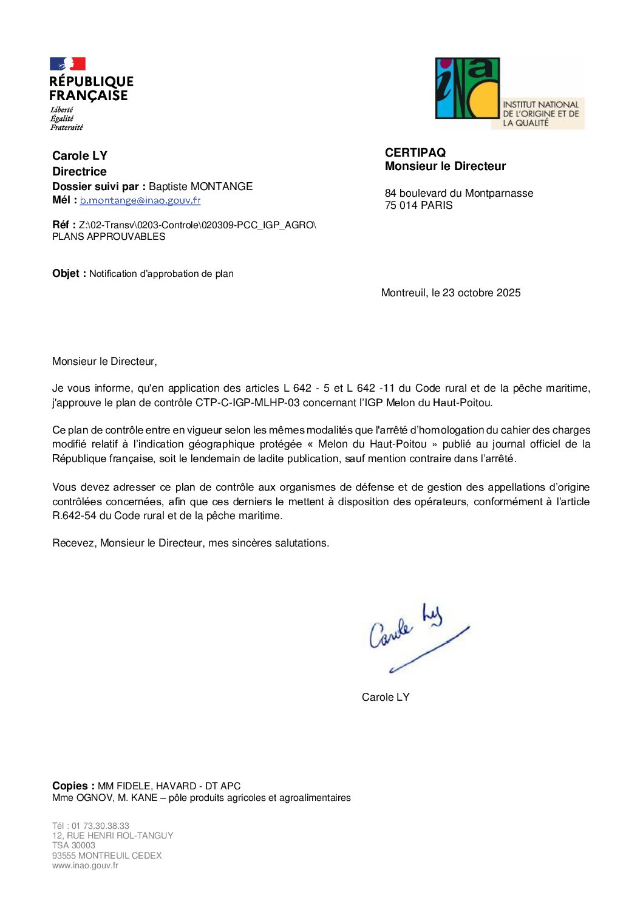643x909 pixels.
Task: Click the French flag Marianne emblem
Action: pos(67,64)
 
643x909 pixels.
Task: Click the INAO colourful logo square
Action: pos(468,89)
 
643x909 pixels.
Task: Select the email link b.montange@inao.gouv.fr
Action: pos(140,200)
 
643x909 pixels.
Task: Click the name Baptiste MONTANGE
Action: pos(200,186)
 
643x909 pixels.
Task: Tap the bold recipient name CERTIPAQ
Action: pos(415,153)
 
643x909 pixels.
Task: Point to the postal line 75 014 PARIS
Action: pos(419,206)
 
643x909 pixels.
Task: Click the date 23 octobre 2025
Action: pos(481,293)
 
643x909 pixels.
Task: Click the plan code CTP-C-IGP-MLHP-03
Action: pos(248,403)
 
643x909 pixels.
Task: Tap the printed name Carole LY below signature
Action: pos(386,697)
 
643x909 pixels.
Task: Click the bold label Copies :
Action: pos(73,786)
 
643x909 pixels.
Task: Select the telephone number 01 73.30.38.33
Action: pos(100,826)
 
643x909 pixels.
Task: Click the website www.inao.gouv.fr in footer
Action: pos(85,866)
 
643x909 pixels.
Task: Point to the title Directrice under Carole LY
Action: pos(80,172)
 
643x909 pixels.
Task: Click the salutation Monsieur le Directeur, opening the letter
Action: pos(104,362)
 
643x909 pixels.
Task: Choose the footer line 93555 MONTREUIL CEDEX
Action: pos(107,856)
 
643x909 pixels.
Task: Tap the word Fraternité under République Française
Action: pos(67,128)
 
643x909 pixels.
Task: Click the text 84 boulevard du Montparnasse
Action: pos(459,193)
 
